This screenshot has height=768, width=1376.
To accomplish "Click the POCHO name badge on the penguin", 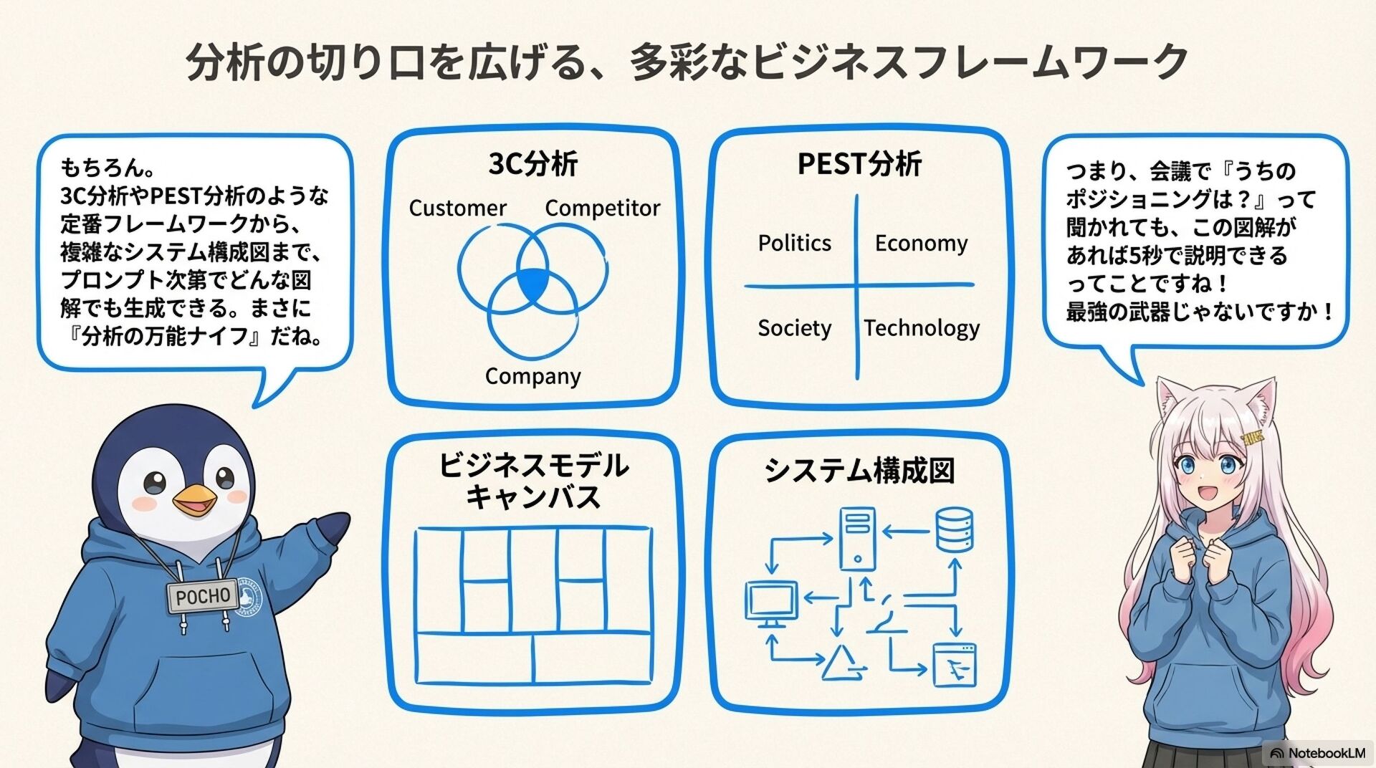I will point(203,596).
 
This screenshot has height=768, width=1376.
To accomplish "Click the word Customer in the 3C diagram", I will point(457,208).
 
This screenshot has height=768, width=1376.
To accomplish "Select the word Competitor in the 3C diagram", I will point(602,208).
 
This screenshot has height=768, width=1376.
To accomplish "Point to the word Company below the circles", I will point(532,376).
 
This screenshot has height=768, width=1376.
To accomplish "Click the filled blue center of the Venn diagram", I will point(532,283).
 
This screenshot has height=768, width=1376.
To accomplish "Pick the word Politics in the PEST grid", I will point(794,244).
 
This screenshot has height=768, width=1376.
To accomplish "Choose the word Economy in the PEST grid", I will point(921,244).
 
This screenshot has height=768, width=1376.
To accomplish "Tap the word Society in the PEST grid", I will point(794,328).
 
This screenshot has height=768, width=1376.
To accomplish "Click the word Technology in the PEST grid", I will point(922,328).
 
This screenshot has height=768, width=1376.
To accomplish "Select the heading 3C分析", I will point(532,164).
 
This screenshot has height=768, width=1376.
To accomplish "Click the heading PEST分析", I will point(859,164).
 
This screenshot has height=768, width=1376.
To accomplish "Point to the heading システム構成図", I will point(859,471).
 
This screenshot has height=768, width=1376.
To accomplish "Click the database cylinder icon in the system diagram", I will point(955,529).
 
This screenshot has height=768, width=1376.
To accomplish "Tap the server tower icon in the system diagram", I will point(857,538).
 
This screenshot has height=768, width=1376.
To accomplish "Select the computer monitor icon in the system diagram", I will point(771,602).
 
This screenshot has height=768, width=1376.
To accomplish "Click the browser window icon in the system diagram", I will point(954,665).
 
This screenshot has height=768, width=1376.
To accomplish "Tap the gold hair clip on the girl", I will point(1252,438).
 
